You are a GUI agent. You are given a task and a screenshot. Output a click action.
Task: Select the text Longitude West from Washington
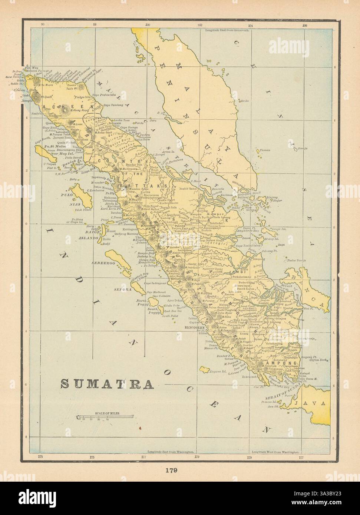click(x=275, y=452)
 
